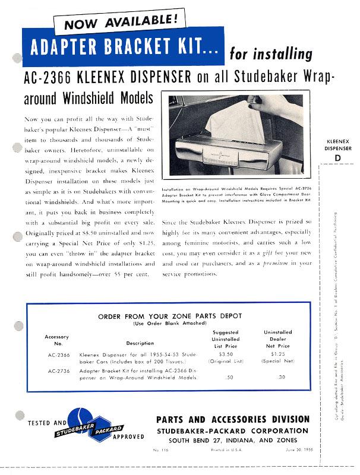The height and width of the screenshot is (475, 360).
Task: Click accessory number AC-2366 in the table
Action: (x=58, y=354)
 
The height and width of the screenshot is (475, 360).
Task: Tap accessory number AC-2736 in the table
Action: (x=58, y=371)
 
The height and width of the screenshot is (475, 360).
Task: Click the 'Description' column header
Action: (x=140, y=343)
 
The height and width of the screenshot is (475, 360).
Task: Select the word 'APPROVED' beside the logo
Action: (x=127, y=436)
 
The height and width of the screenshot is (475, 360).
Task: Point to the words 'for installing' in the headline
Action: (x=270, y=55)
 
